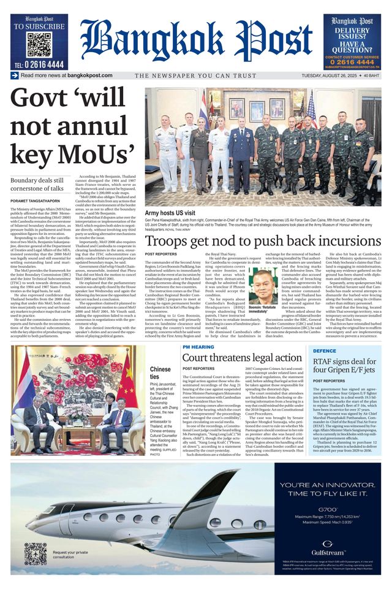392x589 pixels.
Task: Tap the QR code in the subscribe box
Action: pos(39,45)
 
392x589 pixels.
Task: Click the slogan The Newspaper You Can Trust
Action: pos(196,75)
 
